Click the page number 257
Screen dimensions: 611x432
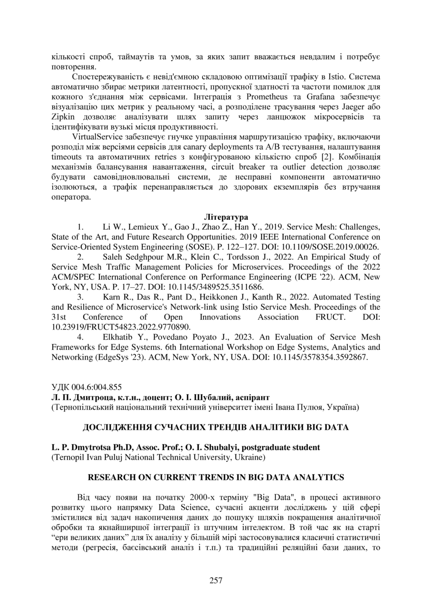click(x=216, y=580)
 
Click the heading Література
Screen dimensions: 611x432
click(x=226, y=217)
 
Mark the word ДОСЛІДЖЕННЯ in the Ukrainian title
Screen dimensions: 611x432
click(x=117, y=427)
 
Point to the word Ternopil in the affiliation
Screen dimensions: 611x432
click(x=67, y=457)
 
